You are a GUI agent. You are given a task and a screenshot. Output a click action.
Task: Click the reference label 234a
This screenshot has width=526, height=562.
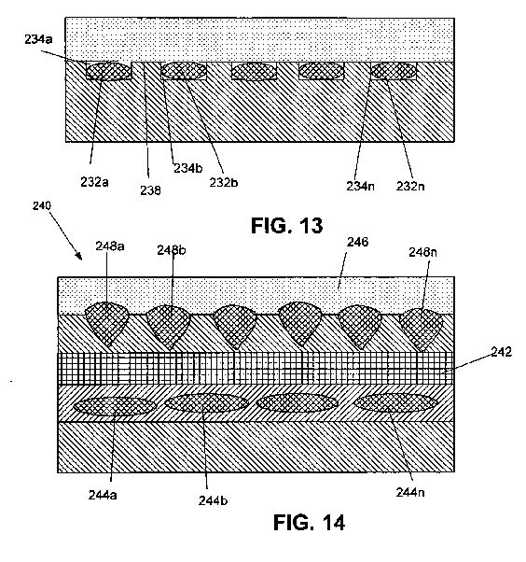tap(38, 39)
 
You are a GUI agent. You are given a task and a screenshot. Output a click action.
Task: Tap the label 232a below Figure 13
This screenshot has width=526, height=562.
tap(94, 182)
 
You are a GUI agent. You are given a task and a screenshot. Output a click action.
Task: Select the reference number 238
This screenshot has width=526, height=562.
tap(150, 190)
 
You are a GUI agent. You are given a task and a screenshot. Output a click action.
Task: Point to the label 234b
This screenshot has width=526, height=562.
tap(188, 168)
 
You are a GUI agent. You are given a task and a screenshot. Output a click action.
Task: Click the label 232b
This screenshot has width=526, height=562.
tap(224, 182)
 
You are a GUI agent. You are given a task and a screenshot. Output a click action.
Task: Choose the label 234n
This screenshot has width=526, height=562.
tap(360, 186)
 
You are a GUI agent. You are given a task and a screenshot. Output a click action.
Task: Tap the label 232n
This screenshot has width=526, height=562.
tap(410, 186)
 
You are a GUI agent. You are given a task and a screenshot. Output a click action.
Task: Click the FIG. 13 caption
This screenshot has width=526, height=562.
tap(287, 225)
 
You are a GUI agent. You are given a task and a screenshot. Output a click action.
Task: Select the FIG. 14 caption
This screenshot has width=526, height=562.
tap(309, 522)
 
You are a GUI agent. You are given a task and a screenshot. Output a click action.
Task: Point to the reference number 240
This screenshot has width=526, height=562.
tap(42, 205)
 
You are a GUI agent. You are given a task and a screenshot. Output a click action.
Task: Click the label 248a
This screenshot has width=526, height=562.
tap(110, 246)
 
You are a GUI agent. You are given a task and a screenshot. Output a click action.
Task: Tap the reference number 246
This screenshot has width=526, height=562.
tap(357, 242)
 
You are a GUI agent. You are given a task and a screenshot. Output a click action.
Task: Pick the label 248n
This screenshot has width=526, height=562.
tap(422, 252)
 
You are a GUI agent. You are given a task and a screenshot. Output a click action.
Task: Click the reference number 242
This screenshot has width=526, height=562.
tap(502, 352)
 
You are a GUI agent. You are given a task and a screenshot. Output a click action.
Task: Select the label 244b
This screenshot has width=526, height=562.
tap(213, 500)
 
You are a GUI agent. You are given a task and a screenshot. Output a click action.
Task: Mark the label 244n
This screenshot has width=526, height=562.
tap(410, 492)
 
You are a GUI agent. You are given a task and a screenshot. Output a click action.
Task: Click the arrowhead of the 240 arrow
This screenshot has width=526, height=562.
tap(81, 259)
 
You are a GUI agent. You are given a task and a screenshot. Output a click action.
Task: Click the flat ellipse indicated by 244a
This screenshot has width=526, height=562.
tap(115, 406)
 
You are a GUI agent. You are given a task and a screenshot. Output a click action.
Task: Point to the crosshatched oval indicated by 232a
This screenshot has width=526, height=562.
tap(109, 71)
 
